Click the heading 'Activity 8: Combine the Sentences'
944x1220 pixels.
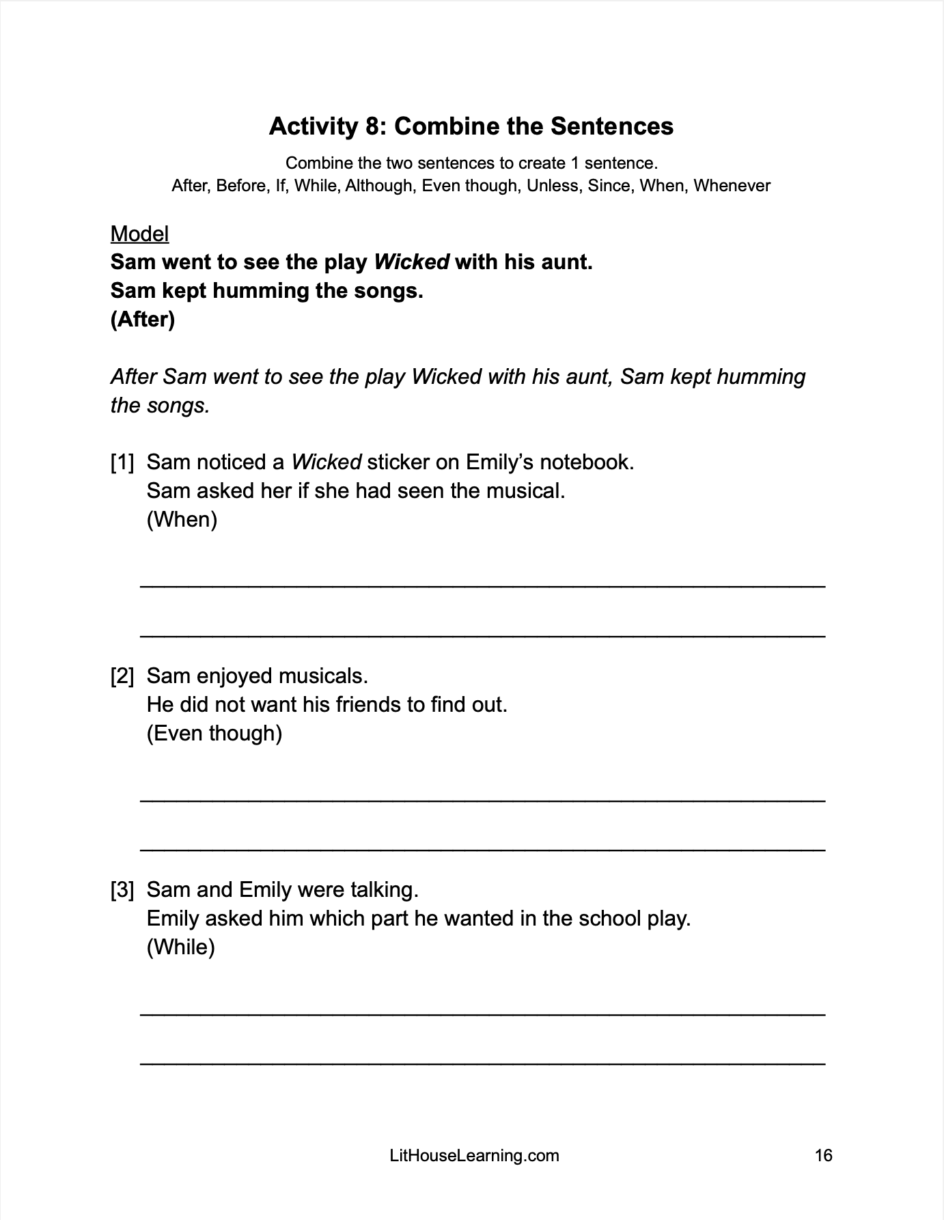coord(471,126)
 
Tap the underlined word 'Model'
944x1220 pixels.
coord(139,234)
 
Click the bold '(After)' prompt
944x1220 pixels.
coord(143,320)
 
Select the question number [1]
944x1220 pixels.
coord(122,462)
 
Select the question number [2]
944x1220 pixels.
coord(122,676)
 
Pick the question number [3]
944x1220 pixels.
coord(122,890)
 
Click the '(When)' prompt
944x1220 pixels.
coord(182,520)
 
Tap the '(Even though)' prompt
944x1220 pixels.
coord(214,734)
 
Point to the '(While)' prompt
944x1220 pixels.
coord(180,947)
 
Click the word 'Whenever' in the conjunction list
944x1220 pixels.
coord(732,186)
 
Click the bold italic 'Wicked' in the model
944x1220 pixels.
coord(412,262)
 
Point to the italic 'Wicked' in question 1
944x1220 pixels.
coord(326,462)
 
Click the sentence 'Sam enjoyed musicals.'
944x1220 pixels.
coord(258,676)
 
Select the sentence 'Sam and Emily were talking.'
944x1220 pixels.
coord(282,890)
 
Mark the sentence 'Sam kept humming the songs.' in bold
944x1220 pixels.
coord(267,291)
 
